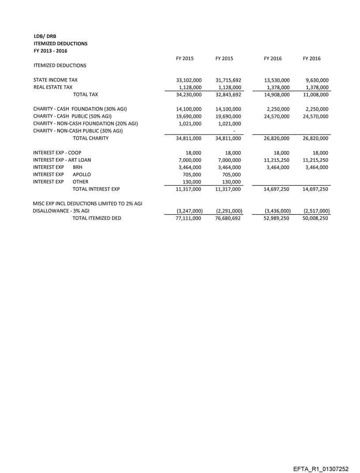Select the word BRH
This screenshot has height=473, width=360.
(x=78, y=168)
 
